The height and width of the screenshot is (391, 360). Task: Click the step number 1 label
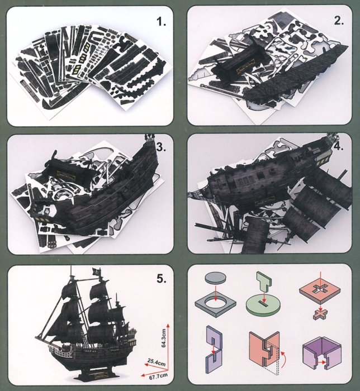click(161, 22)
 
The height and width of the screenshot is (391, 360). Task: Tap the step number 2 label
click(339, 21)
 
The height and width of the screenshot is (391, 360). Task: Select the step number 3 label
click(161, 147)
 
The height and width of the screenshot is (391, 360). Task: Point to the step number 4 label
click(339, 146)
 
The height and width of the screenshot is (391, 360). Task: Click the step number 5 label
click(162, 279)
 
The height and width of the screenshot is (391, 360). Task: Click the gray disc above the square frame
click(216, 278)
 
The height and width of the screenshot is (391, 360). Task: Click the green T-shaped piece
click(264, 282)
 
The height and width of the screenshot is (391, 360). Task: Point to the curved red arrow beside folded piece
click(283, 359)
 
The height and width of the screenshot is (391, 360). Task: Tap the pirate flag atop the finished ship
click(96, 271)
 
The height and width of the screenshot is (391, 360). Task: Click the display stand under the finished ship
click(100, 373)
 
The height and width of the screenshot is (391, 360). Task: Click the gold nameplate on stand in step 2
click(245, 69)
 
